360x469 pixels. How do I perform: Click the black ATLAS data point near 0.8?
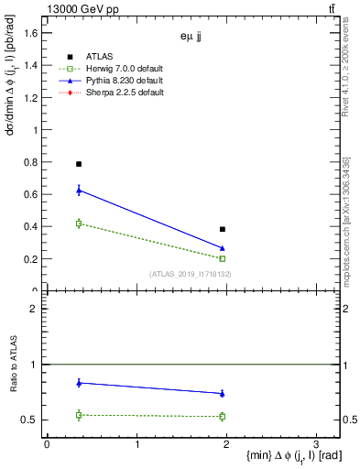pyautogui.click(x=79, y=164)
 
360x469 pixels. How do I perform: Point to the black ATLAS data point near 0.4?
pyautogui.click(x=223, y=229)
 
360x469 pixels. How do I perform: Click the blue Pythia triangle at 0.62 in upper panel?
pyautogui.click(x=79, y=191)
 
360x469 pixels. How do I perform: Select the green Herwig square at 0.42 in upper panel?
pyautogui.click(x=79, y=224)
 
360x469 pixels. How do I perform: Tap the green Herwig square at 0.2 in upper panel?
pyautogui.click(x=223, y=258)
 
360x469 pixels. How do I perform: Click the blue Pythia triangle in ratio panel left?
pyautogui.click(x=79, y=383)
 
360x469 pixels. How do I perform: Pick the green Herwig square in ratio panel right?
pyautogui.click(x=223, y=416)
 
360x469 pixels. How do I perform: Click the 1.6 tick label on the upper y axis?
pyautogui.click(x=30, y=33)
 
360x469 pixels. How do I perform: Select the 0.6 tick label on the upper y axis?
pyautogui.click(x=30, y=194)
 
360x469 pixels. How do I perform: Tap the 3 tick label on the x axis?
pyautogui.click(x=315, y=444)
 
